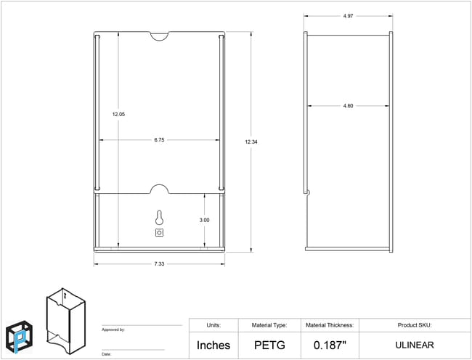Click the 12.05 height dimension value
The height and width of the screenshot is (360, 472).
point(118,114)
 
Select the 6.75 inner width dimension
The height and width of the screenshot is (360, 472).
point(159,140)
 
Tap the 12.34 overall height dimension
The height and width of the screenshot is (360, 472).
point(251,142)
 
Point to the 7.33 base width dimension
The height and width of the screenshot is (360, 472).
point(159,263)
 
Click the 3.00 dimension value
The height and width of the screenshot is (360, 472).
point(204,220)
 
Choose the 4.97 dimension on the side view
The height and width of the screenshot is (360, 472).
point(348,16)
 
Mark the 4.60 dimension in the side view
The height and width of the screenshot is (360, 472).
point(348,106)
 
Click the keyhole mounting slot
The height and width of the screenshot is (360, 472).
point(159,218)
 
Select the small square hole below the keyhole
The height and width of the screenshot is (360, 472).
point(159,232)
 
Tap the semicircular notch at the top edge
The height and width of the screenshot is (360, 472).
point(160,36)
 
